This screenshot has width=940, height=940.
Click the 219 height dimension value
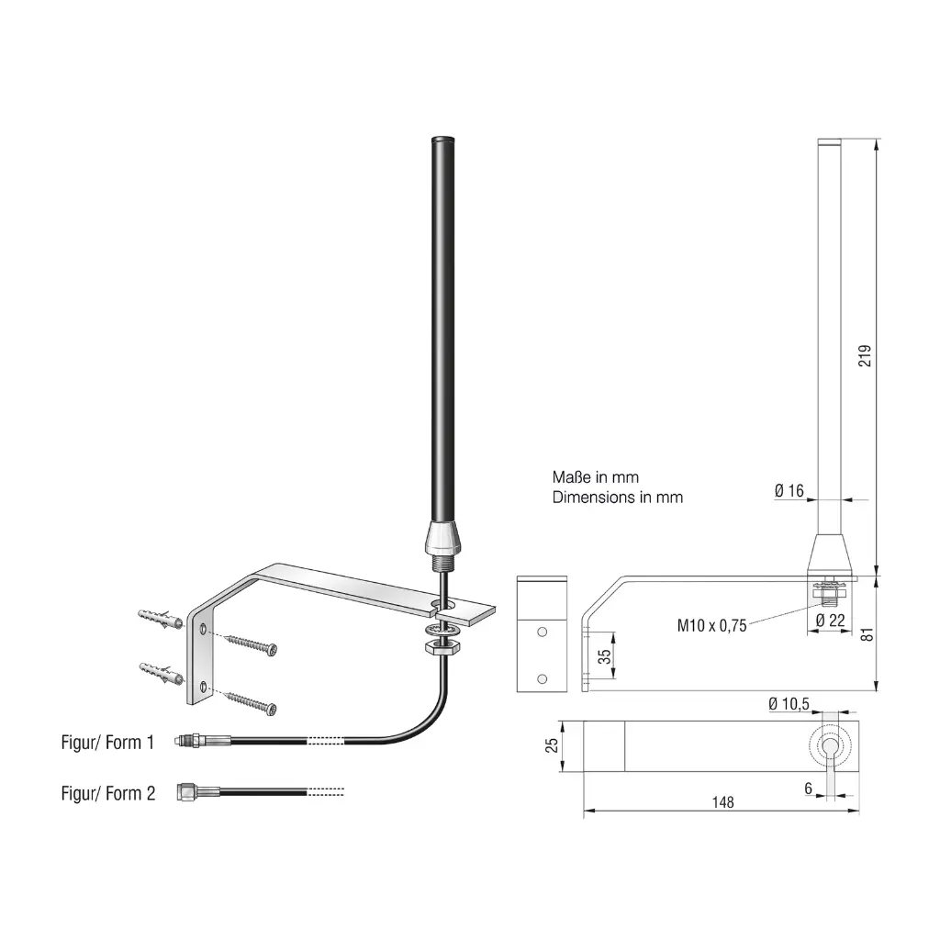[x=865, y=355]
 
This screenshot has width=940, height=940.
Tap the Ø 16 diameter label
[x=789, y=491]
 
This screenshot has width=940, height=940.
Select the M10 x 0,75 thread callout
[x=711, y=626]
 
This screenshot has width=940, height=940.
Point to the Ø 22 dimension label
[x=830, y=621]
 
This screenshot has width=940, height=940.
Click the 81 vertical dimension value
[x=867, y=634]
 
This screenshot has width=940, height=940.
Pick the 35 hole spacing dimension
[x=604, y=656]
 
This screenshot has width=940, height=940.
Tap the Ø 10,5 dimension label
[x=789, y=704]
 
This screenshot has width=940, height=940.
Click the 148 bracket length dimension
[x=723, y=802]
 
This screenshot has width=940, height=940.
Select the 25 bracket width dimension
[x=552, y=745]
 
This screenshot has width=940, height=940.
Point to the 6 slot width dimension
[x=808, y=789]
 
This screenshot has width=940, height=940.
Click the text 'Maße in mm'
[x=595, y=477]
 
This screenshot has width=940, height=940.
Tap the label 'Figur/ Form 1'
[x=107, y=742]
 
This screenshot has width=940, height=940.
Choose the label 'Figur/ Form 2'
[x=108, y=793]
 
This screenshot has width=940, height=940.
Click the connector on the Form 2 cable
[x=198, y=792]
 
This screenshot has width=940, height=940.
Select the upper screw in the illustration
[x=251, y=645]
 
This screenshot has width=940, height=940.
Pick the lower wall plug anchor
[x=162, y=674]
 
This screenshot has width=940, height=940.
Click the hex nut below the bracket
[x=442, y=646]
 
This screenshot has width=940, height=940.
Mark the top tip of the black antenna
[x=442, y=139]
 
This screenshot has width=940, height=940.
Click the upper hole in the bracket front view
[x=542, y=632]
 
